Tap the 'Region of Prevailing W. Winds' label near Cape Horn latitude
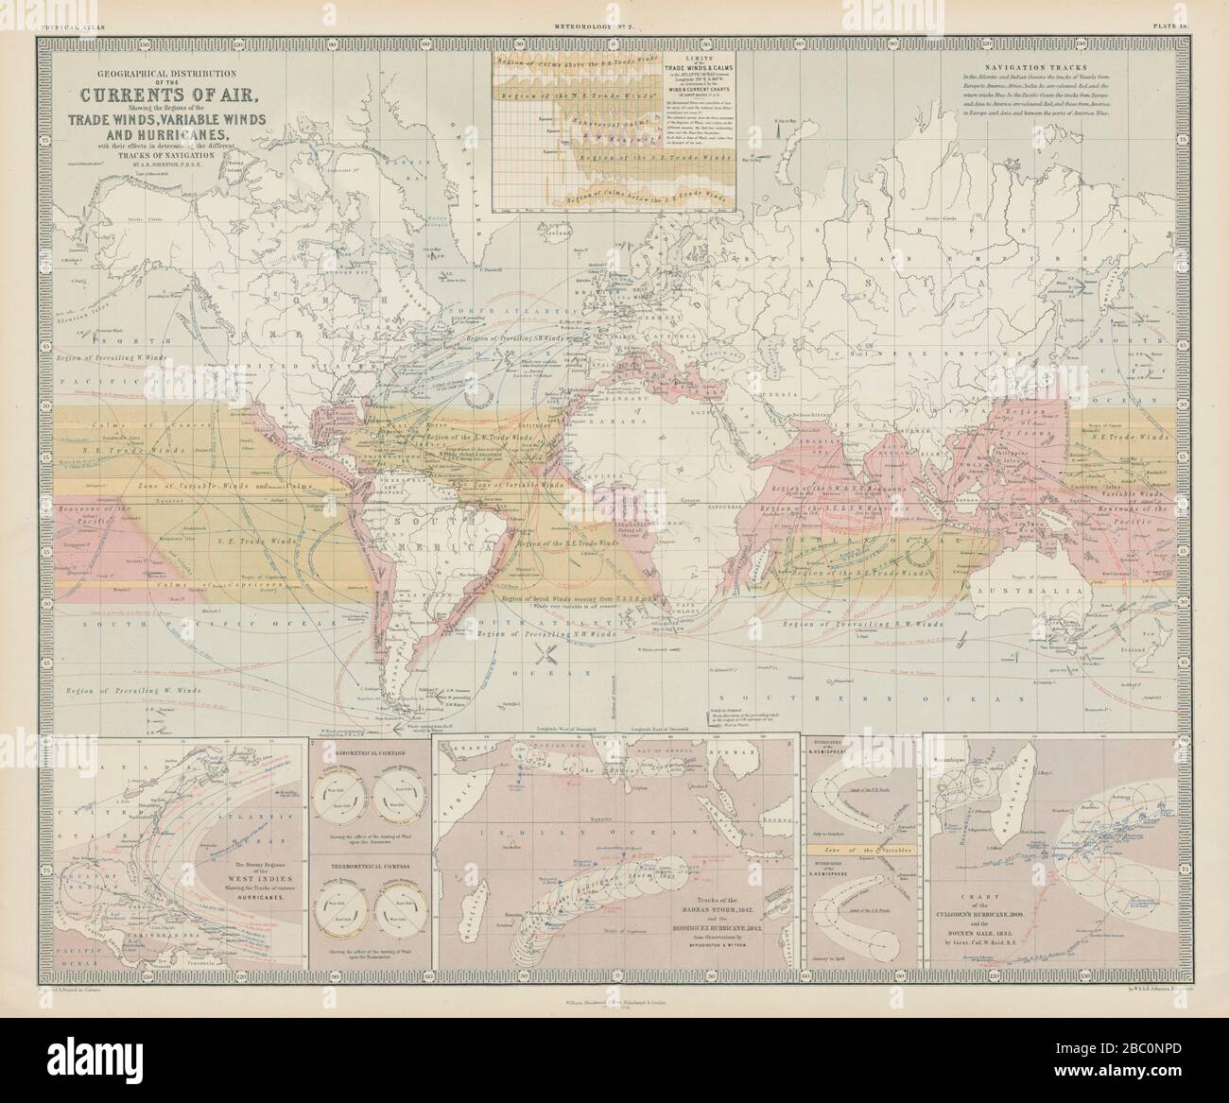pyautogui.click(x=120, y=692)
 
